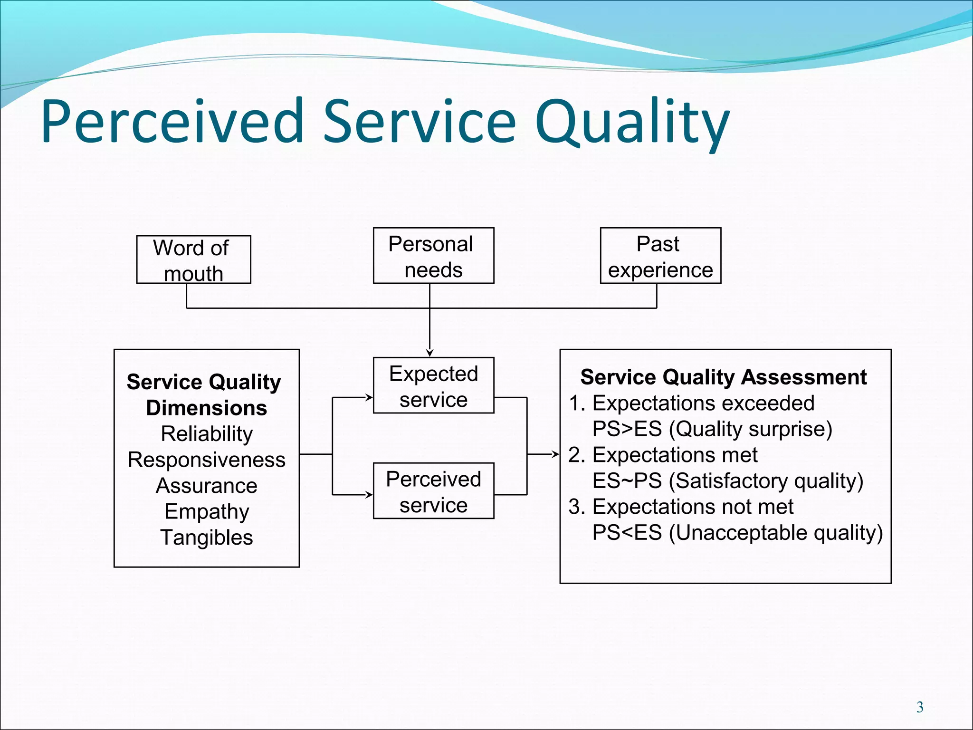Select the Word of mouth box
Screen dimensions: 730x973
pos(193,260)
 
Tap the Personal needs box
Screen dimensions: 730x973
pos(433,256)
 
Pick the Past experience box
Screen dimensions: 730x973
pos(660,256)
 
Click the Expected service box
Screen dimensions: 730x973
pos(433,385)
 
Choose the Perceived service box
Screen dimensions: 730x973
pos(433,491)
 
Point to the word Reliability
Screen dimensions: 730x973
pos(207,434)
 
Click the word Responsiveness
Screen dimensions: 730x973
pos(207,460)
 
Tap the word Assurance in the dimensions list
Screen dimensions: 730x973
pos(207,486)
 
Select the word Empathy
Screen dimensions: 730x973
pos(207,512)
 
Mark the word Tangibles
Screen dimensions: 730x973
pos(207,538)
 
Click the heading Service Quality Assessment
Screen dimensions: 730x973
pos(723,377)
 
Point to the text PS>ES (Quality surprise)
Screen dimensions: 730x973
pos(712,429)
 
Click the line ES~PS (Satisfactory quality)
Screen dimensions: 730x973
pos(727,481)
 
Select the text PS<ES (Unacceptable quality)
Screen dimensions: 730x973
pos(737,533)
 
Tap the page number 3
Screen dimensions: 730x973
pos(920,707)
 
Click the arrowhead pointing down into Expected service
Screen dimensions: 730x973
pos(429,353)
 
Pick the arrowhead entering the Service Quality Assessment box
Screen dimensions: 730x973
pos(555,454)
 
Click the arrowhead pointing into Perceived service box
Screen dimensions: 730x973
pos(369,495)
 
